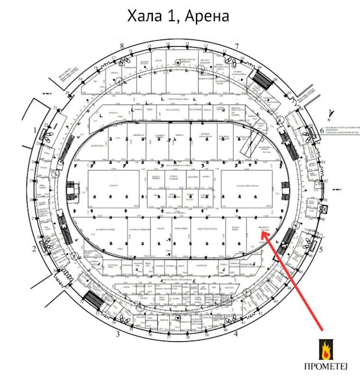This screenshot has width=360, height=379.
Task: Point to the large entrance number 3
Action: [118, 334]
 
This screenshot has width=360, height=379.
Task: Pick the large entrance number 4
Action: [236, 334]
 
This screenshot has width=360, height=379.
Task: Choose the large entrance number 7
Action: [236, 45]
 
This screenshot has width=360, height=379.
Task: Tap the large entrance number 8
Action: [121, 45]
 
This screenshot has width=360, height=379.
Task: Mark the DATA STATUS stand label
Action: [172, 110]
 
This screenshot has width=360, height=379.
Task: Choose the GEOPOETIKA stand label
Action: [97, 145]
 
